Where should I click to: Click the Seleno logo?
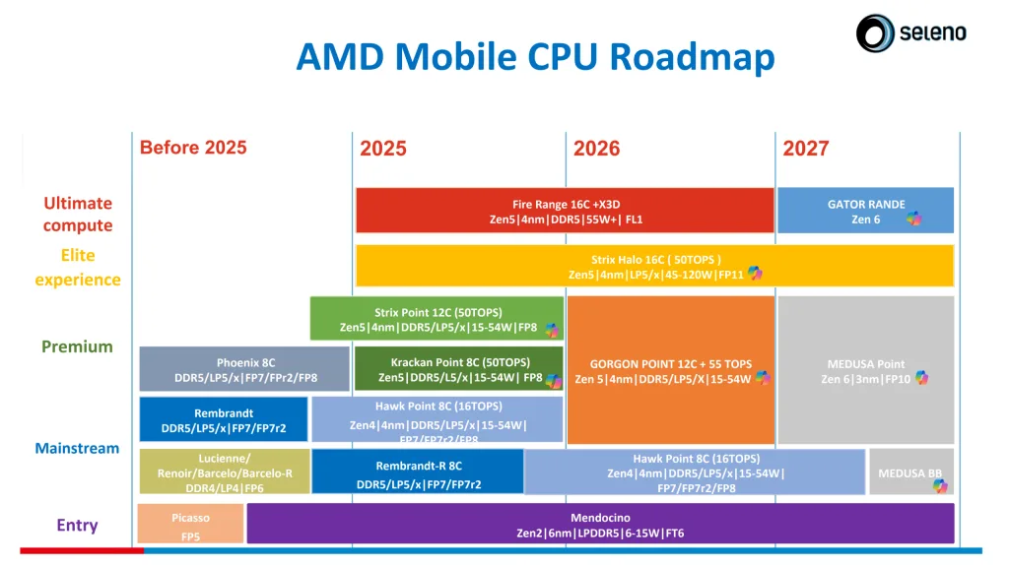click(910, 33)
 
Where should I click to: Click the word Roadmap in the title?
click(692, 57)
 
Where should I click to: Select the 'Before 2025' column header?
click(193, 148)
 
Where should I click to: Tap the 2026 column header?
click(596, 149)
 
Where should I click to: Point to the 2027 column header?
click(806, 149)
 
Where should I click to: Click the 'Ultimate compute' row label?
click(78, 214)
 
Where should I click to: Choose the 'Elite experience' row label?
click(78, 267)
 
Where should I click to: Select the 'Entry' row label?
click(77, 525)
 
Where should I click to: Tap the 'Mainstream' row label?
click(77, 448)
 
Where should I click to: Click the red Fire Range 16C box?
click(565, 211)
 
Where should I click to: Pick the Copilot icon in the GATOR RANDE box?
click(914, 219)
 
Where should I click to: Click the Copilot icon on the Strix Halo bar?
click(755, 274)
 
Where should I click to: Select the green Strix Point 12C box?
click(437, 319)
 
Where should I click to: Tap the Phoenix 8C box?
click(244, 369)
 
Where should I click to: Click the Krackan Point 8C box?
click(458, 369)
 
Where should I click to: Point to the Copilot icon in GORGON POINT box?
click(761, 378)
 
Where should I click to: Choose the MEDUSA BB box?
click(909, 472)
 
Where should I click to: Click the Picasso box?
click(190, 524)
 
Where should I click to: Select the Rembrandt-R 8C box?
click(418, 471)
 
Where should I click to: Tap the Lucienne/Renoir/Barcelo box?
click(225, 471)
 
